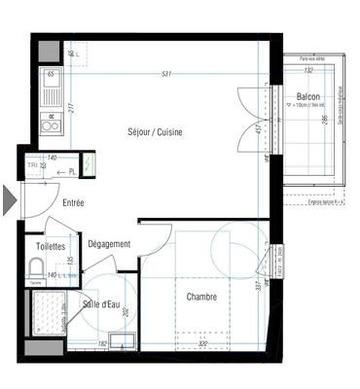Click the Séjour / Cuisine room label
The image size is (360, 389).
(x=156, y=131)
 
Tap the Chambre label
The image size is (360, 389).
(x=201, y=297)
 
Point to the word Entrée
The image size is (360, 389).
(x=73, y=203)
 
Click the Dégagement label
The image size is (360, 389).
(x=108, y=244)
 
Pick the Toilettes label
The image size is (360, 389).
(x=51, y=247)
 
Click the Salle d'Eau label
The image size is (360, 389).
(x=100, y=305)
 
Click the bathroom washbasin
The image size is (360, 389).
(x=122, y=338)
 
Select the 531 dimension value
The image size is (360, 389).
(x=166, y=75)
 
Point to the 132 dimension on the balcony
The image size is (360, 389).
(x=308, y=70)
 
